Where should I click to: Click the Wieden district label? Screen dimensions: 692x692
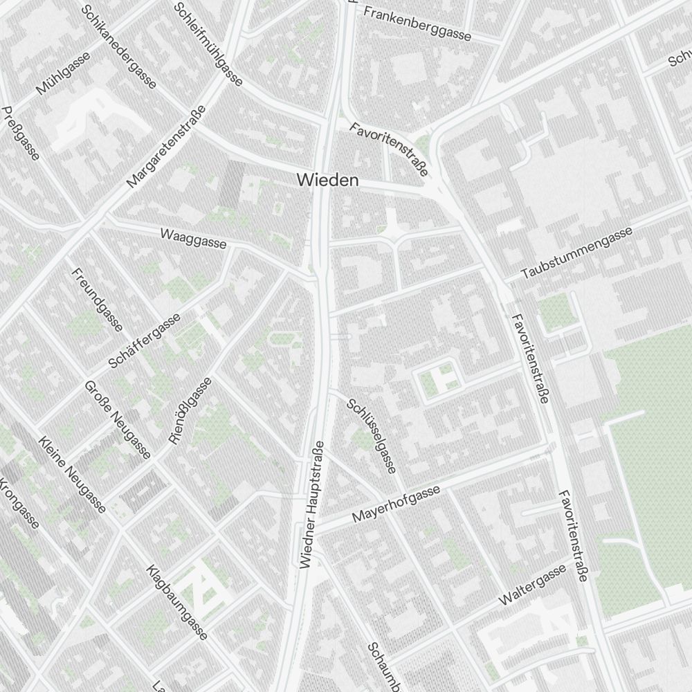coord(328,180)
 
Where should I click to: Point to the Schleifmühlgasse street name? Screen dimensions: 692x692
coord(208,44)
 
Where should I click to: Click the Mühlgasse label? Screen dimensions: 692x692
coord(64,75)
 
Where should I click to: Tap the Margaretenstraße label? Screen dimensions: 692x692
coord(167,147)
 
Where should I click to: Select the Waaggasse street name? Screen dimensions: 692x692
coord(193,237)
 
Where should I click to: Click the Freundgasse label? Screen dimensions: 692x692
coord(97,299)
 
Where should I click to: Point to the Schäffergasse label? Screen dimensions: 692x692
coord(144,340)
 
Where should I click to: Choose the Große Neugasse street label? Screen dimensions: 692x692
coord(118,419)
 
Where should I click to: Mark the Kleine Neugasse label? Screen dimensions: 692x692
coord(73,475)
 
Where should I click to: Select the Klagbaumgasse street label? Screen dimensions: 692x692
coord(177,601)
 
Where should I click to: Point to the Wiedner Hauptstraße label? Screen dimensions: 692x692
coord(311,504)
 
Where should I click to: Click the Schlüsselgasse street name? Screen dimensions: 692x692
coord(372,436)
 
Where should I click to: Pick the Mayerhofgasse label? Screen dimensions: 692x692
coord(397,504)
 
